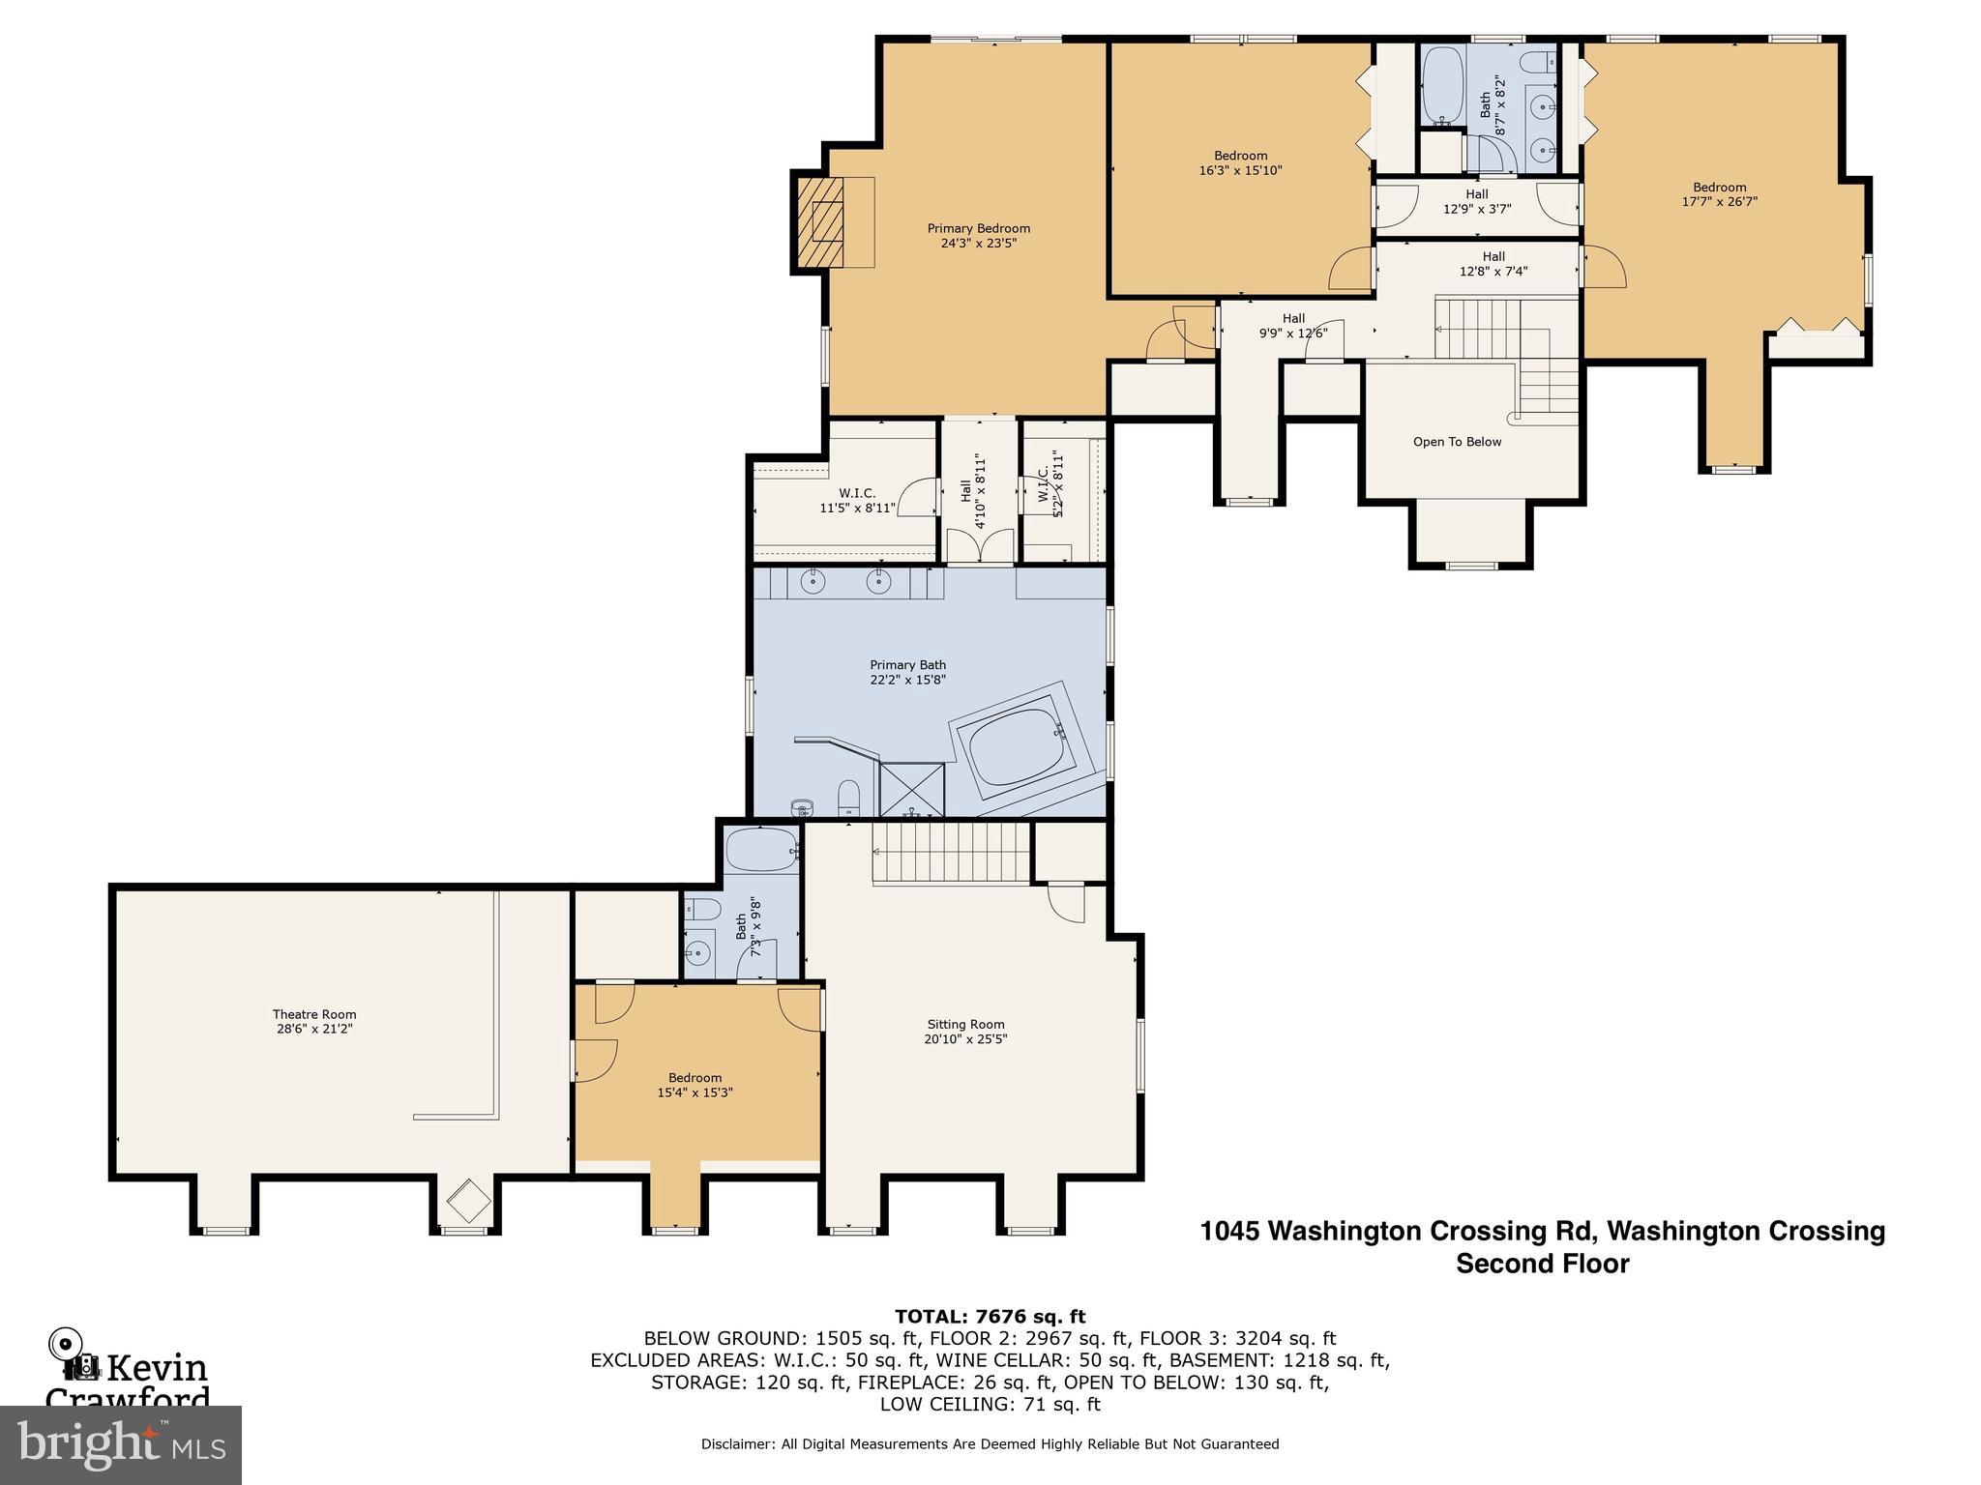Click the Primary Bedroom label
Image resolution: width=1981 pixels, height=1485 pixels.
[x=978, y=236]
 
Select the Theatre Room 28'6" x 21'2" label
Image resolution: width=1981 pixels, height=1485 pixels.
[x=314, y=1022]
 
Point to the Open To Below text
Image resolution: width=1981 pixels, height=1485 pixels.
[x=1457, y=442]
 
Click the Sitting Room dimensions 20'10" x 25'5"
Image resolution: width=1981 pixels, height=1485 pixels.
[x=965, y=1039]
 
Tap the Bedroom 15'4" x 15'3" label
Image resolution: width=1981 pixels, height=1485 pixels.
[x=695, y=1085]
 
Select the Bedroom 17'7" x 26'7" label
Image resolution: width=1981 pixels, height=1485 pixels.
[x=1719, y=194]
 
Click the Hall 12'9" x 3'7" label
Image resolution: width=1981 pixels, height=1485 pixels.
[x=1476, y=201]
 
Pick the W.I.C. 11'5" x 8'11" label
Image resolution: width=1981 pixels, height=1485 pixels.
[x=858, y=500]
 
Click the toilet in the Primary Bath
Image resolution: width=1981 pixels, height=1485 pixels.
[x=848, y=798]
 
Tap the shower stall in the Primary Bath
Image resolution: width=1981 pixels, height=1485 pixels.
[x=911, y=789]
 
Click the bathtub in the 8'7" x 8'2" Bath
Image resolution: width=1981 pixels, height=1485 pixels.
[x=1442, y=86]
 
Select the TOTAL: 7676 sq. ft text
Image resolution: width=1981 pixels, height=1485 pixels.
[x=990, y=1316]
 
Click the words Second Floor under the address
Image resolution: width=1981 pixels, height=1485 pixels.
[x=1542, y=1264]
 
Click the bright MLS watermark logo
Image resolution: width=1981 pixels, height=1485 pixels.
[x=121, y=1445]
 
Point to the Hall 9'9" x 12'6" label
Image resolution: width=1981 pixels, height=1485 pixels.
[x=1293, y=325]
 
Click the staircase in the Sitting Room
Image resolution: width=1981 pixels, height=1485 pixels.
[x=950, y=852]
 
